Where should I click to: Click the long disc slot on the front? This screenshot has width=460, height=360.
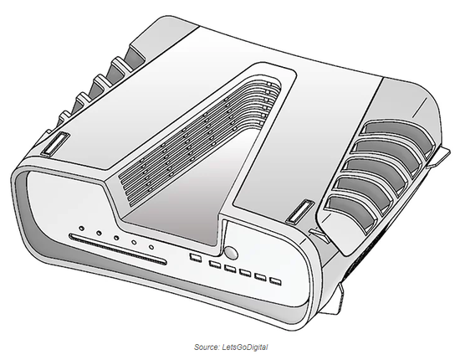tap(118, 249)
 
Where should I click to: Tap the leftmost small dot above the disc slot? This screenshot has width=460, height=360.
tap(82, 229)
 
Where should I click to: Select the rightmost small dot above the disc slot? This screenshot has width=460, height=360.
tap(151, 247)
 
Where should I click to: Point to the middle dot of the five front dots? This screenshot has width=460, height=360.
tap(116, 238)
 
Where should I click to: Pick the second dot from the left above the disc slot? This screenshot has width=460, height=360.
tap(100, 233)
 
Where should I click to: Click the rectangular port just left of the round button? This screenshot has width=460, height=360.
tap(195, 257)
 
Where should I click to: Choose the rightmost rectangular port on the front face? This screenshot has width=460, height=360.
tap(275, 281)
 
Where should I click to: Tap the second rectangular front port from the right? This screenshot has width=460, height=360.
tap(260, 277)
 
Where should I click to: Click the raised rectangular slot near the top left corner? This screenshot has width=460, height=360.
tap(55, 144)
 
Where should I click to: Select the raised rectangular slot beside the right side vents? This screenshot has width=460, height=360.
tap(300, 212)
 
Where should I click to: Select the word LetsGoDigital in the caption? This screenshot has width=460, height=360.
tap(245, 347)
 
